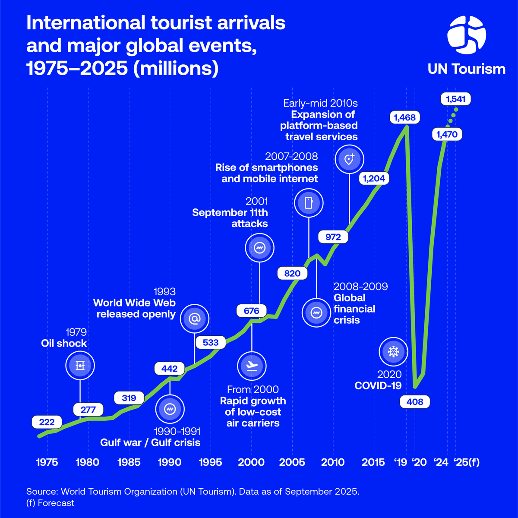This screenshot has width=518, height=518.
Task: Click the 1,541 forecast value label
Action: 455,99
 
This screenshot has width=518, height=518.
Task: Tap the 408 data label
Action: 415,402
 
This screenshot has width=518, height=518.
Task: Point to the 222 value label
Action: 47,422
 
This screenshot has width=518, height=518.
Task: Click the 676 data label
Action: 252,311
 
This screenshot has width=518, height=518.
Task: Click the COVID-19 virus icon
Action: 393,351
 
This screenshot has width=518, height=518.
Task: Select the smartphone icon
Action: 309,202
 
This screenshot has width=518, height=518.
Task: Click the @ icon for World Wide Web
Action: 194,318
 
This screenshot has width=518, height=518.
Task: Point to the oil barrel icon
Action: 80,365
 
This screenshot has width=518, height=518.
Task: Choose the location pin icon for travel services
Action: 349,159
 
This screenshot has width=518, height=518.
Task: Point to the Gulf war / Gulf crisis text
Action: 150,442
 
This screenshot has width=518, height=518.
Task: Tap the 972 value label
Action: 333,237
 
